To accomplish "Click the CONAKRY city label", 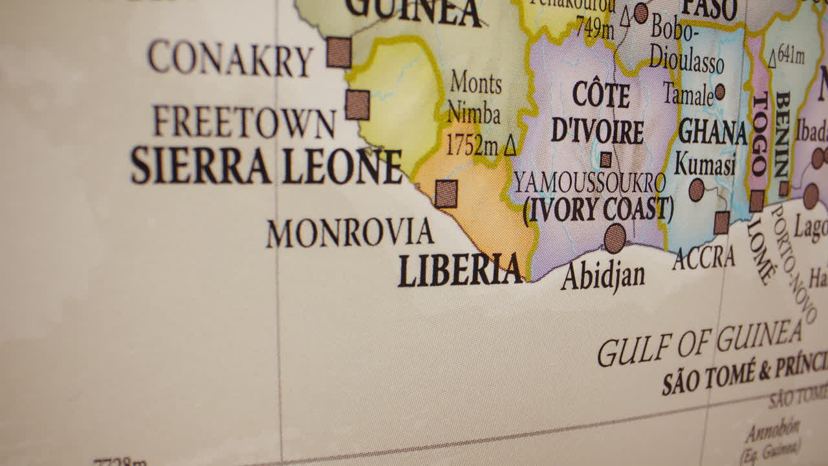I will pos(230,58).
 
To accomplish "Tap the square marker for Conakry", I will pos(339,52).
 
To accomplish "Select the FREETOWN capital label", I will pos(243,122).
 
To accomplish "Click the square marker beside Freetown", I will pos(357,105).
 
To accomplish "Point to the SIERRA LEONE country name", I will pos(266,166).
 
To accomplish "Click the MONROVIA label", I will pos(349,233).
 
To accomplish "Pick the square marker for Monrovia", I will pos(446,194).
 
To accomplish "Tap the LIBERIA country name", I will pos(460,271).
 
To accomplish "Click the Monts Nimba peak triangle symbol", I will pos(510,146).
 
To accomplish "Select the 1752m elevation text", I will pos(472,146).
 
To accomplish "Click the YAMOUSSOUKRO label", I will pos(589,184).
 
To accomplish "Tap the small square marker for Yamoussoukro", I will pos(605,160).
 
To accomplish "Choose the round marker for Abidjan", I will pos(615,238).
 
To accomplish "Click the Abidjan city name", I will pos(603,276).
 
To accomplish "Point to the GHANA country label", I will pos(712,132).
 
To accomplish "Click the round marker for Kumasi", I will pos(696,190).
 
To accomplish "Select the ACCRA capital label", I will pos(704,258).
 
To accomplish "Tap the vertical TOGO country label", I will pos(759,134).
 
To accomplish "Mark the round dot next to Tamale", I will pos(719,92).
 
